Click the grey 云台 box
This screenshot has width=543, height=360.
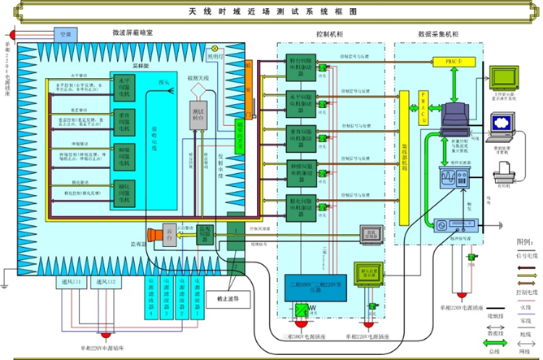click(168, 233)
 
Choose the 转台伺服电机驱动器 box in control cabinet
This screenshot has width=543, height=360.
click(302, 68)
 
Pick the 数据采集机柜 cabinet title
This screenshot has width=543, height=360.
click(438, 35)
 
